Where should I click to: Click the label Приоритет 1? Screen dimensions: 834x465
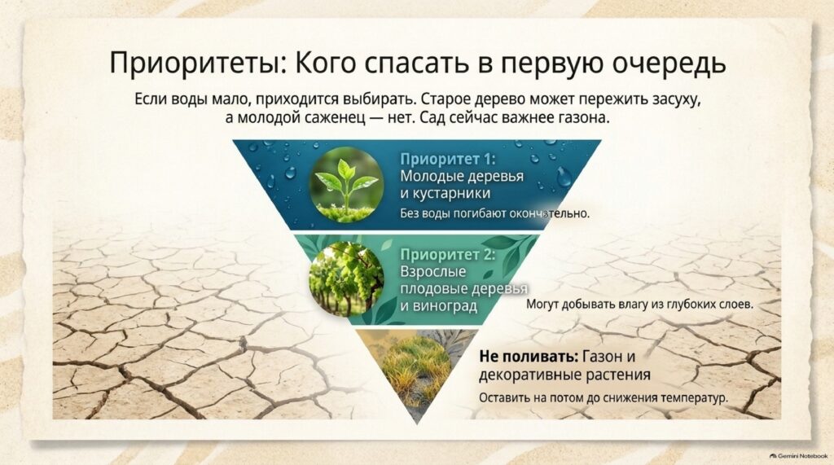(x=447, y=159)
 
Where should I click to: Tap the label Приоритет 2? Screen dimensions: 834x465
(x=447, y=255)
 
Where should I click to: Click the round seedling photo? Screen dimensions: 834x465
(x=346, y=184)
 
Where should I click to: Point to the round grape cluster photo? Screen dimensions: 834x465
(x=346, y=280)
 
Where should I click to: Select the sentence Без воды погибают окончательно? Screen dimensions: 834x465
(x=494, y=214)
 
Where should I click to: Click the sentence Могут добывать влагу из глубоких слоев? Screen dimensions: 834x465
(x=640, y=305)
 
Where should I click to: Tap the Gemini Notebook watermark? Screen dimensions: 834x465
(x=798, y=456)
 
